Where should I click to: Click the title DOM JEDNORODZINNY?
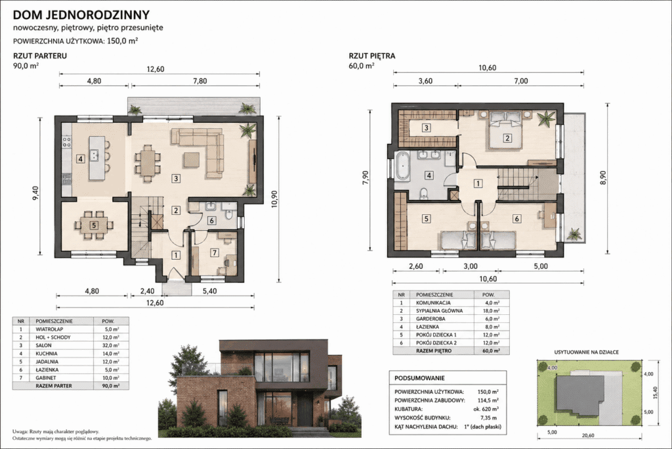click(81, 14)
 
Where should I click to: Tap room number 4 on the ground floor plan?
click(81, 159)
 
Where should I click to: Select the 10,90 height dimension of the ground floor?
click(274, 199)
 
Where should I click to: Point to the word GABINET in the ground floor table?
click(46, 378)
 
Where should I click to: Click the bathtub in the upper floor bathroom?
click(402, 166)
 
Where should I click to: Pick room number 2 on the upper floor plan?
click(507, 138)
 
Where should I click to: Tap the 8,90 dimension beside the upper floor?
click(602, 177)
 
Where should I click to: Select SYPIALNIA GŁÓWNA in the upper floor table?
click(439, 311)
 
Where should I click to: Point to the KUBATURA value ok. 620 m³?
click(486, 409)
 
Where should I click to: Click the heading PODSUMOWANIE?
click(419, 378)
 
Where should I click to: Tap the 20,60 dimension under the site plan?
click(588, 435)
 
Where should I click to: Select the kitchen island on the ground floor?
click(96, 158)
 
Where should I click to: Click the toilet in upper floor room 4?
click(424, 194)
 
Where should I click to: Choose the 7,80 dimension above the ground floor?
click(200, 81)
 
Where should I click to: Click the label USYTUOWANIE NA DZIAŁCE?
click(586, 352)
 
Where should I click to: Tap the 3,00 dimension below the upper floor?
click(471, 266)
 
